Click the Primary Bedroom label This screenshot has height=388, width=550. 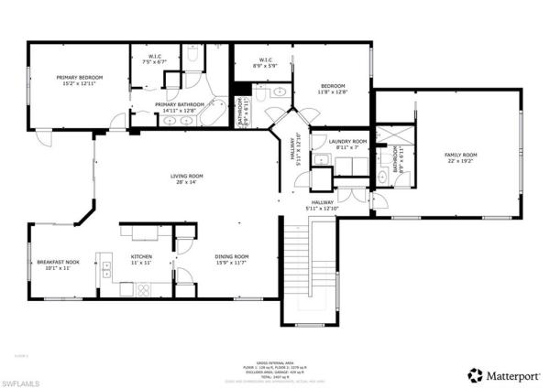(78, 81)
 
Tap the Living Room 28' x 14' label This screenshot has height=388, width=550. (186, 178)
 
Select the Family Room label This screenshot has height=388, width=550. (461, 158)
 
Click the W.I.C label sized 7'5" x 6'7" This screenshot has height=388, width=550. (155, 59)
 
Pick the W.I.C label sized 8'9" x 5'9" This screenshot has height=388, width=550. (263, 63)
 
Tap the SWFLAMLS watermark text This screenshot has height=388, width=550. (27, 377)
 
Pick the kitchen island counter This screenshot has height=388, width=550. (143, 232)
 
